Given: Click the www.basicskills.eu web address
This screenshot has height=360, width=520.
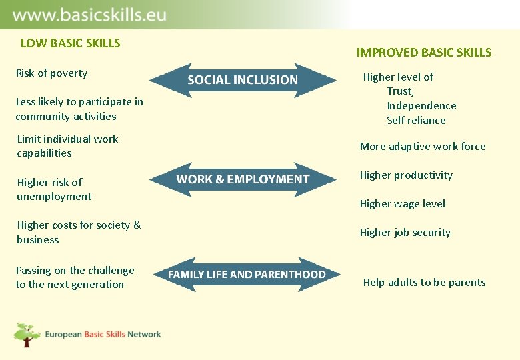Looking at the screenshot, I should point(89,15).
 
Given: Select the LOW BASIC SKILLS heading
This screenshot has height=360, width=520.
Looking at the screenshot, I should point(70,43).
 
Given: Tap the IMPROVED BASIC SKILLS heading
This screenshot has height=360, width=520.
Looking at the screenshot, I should point(423,53).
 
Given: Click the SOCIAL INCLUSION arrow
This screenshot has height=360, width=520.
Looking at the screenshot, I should point(243,80).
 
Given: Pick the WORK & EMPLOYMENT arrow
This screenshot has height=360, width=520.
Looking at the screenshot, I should point(243,179).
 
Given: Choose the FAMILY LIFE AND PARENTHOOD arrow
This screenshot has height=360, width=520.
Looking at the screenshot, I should point(247,275).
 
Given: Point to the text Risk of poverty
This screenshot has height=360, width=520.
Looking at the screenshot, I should point(51,73).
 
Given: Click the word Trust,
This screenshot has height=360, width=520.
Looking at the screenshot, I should point(400,91).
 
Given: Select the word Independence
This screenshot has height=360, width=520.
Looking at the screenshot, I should point(421,106).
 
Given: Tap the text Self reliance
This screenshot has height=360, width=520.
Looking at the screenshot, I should point(416,121).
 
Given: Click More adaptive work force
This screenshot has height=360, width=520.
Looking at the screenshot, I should point(423,147).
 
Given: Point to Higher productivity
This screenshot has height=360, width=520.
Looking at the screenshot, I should point(406,175).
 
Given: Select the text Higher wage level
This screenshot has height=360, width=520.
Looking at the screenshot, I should point(402,204).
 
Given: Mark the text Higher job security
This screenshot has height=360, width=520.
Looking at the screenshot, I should point(405,233).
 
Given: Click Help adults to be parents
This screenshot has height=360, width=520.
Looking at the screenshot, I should point(424,283).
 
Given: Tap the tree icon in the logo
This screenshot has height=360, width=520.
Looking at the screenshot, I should point(27,334).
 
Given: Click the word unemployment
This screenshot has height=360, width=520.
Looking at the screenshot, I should point(54,197).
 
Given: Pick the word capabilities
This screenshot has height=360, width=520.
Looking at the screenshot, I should point(44,153).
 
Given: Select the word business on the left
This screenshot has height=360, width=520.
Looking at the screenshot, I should point(38,240).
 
